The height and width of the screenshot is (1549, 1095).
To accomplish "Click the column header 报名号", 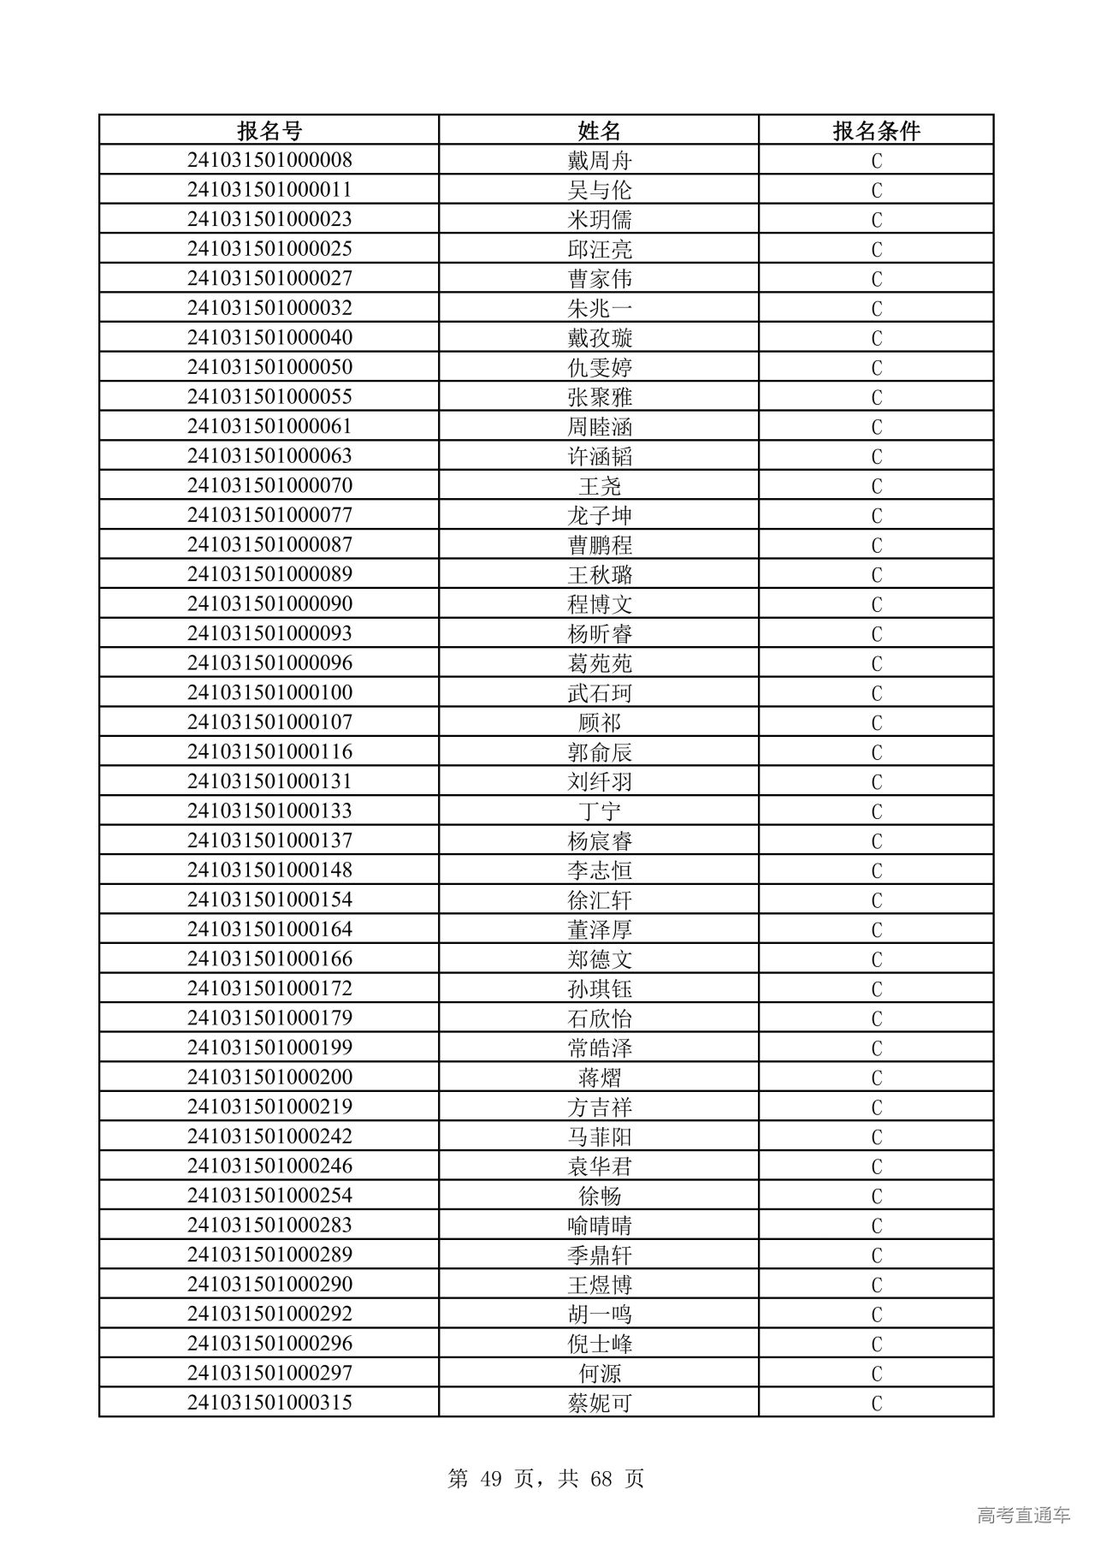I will click(269, 130).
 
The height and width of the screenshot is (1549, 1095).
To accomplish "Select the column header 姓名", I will click(599, 130).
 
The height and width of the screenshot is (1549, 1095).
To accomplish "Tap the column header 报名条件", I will click(876, 130).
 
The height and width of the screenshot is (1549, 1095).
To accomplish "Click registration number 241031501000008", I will click(269, 160).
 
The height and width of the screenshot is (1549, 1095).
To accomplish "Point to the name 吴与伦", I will click(599, 190).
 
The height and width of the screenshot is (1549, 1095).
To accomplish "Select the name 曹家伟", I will click(599, 278).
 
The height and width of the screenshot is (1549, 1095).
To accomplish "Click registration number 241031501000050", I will click(269, 367).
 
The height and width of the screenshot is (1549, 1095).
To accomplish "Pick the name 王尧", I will click(599, 485).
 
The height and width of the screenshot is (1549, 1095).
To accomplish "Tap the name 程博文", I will click(599, 604).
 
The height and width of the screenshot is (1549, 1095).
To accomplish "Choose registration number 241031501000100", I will click(269, 692).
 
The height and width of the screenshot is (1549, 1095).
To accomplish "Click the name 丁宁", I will click(599, 810).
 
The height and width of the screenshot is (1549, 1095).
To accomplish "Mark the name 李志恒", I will click(599, 870).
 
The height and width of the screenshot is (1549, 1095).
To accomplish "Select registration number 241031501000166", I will click(269, 958).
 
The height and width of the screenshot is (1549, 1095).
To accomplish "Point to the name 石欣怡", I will click(599, 1018).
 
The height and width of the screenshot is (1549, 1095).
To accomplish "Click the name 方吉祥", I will click(599, 1107).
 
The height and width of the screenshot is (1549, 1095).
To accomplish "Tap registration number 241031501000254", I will click(269, 1196).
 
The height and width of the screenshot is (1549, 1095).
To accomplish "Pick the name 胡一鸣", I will click(599, 1314).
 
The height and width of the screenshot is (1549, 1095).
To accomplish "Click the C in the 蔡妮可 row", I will click(876, 1403).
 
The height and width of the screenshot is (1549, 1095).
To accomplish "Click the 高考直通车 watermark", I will click(1023, 1515).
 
